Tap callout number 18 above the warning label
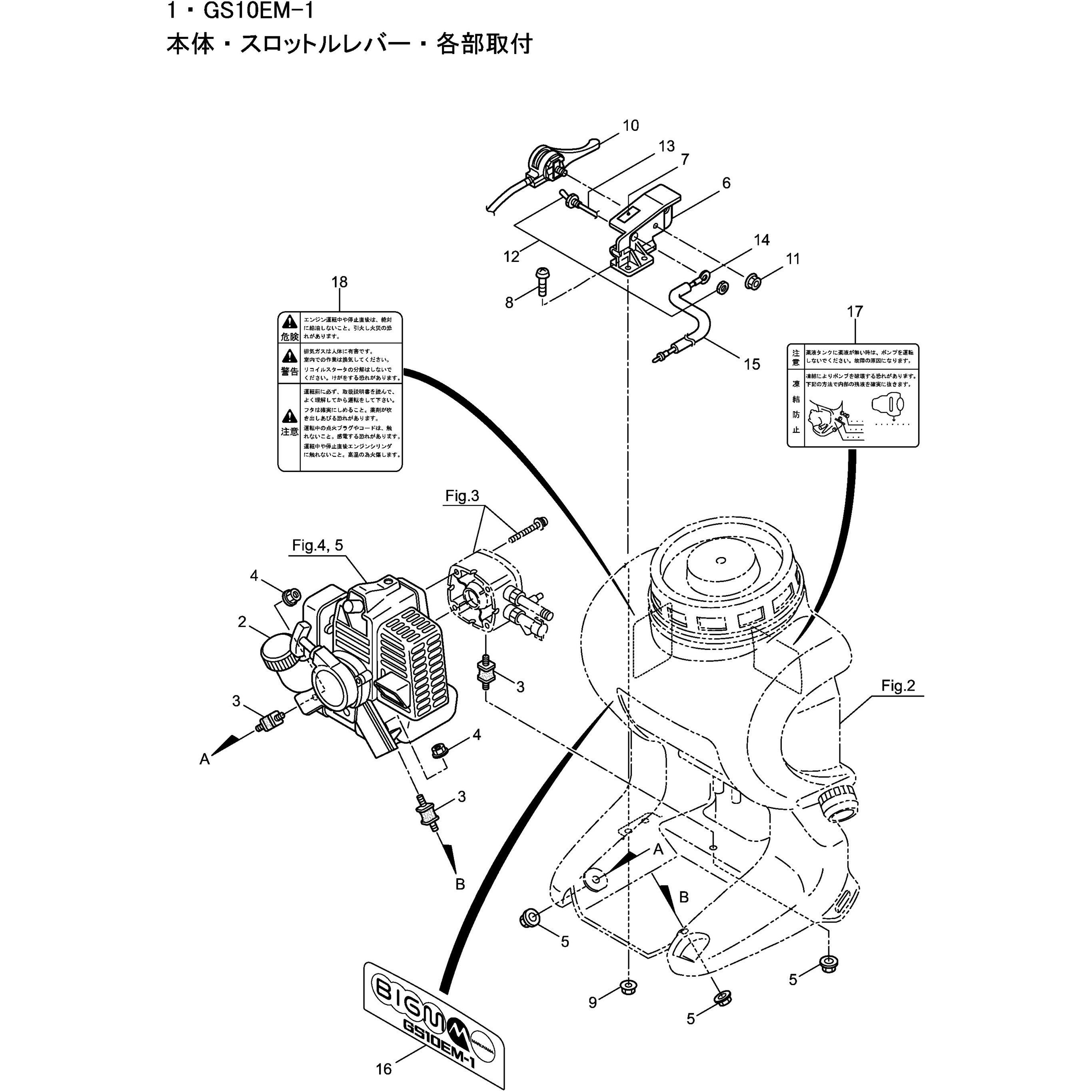[340, 282]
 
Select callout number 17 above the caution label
[855, 311]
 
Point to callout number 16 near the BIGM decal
[384, 1069]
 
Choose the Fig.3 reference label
[462, 496]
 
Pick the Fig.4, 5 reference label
[318, 545]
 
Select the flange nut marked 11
[751, 281]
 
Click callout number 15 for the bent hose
[751, 364]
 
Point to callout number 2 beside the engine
[242, 622]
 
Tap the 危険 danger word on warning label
[290, 337]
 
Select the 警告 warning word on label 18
[290, 371]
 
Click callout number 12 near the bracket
[511, 257]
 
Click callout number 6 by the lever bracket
[726, 183]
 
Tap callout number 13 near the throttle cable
[666, 146]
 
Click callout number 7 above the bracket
[684, 160]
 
